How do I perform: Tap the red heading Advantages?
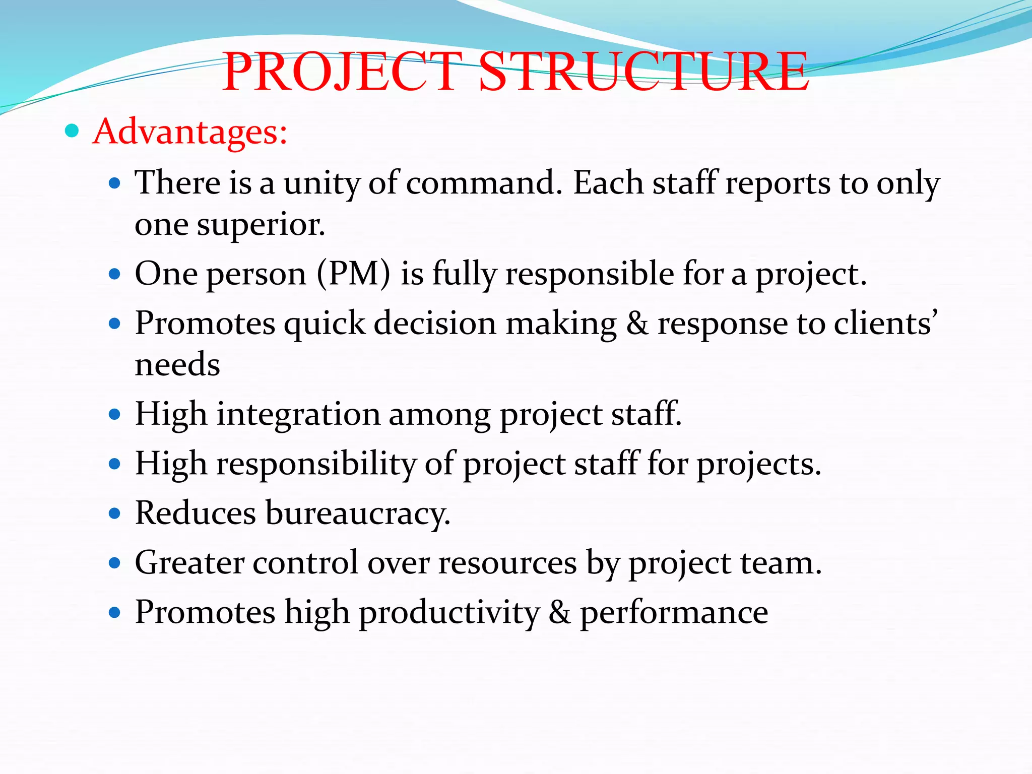click(190, 132)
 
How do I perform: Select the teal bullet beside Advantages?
click(73, 131)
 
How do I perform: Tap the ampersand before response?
click(637, 324)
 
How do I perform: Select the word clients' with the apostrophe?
click(885, 324)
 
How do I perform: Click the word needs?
click(177, 365)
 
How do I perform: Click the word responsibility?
click(316, 464)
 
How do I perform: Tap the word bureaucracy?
click(357, 514)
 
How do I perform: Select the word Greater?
click(189, 563)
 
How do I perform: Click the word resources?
click(507, 563)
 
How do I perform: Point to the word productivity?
click(448, 613)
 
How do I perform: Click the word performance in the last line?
click(674, 613)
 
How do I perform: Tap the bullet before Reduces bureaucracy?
click(115, 514)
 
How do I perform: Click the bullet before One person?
click(115, 275)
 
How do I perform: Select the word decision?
click(435, 324)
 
